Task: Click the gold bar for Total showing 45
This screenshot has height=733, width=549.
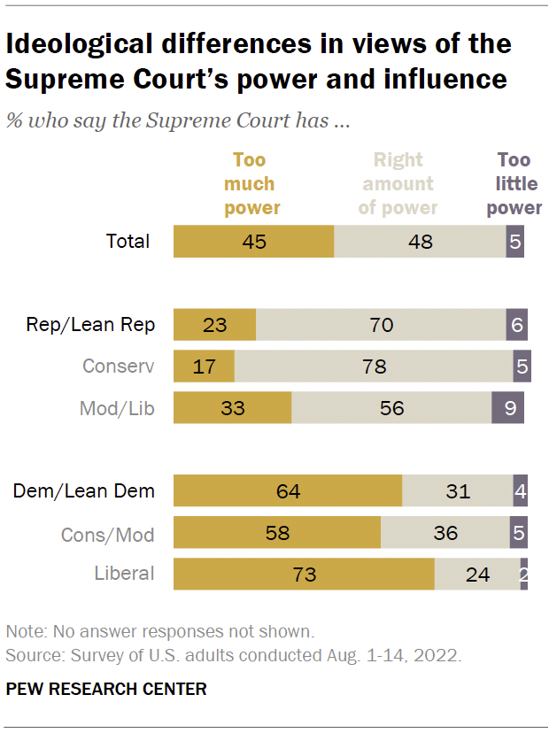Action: click(x=253, y=241)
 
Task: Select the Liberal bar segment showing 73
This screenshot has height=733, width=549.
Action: click(x=304, y=574)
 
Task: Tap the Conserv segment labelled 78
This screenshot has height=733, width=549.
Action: click(x=374, y=366)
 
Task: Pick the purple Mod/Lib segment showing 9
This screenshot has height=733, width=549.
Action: click(x=507, y=408)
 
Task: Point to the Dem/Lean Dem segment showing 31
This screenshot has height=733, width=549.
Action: click(x=457, y=491)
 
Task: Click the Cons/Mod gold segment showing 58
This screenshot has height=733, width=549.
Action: click(x=276, y=533)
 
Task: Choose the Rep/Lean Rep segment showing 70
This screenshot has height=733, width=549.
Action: click(x=380, y=325)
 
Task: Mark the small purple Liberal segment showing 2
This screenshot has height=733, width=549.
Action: click(x=524, y=574)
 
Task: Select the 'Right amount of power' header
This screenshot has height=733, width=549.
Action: click(x=398, y=184)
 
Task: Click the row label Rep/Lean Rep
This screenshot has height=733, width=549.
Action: click(x=90, y=325)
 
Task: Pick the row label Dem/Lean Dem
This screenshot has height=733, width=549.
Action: click(x=83, y=491)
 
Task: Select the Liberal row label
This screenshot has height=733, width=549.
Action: click(x=124, y=574)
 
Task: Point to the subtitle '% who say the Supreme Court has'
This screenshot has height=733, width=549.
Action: click(x=177, y=120)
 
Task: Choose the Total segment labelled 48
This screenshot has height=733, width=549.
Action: click(x=420, y=241)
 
